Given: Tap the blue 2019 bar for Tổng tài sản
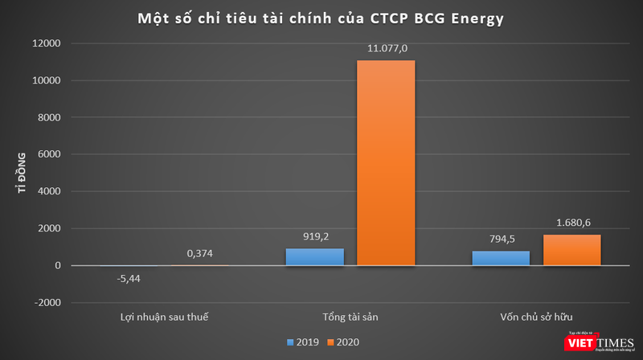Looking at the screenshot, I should (314, 256).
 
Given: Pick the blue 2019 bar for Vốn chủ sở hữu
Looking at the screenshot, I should (501, 258).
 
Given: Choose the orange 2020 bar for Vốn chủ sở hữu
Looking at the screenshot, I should (571, 250).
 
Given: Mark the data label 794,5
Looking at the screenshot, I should (501, 240).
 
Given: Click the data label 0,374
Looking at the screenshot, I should (199, 254).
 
